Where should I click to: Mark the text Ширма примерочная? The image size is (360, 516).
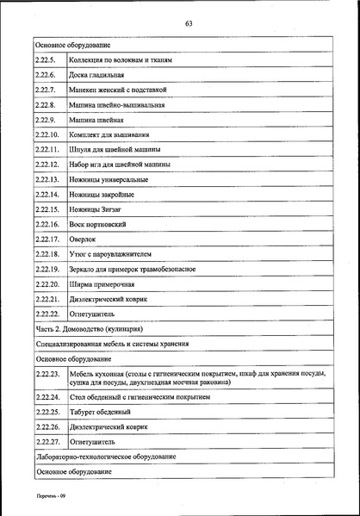pos(102,284)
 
